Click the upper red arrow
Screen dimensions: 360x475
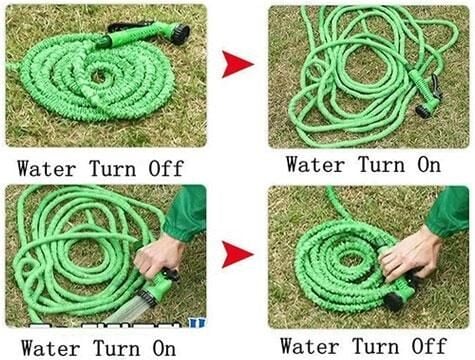[x=237, y=66]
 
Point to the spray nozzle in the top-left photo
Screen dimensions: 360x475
[x=150, y=37]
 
